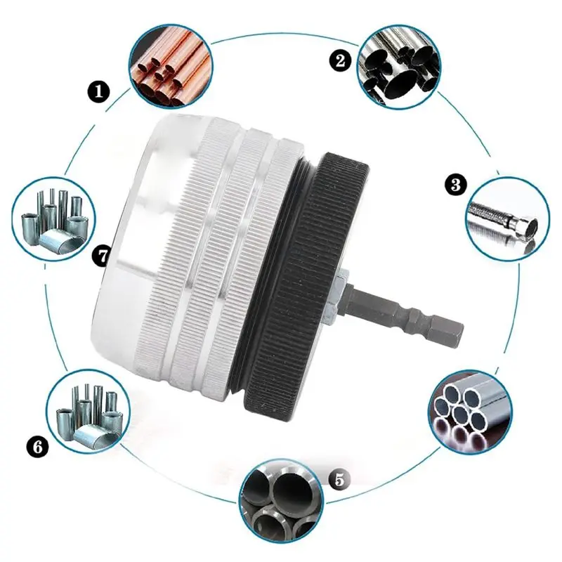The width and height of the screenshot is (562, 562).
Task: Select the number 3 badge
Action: [456, 185]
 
